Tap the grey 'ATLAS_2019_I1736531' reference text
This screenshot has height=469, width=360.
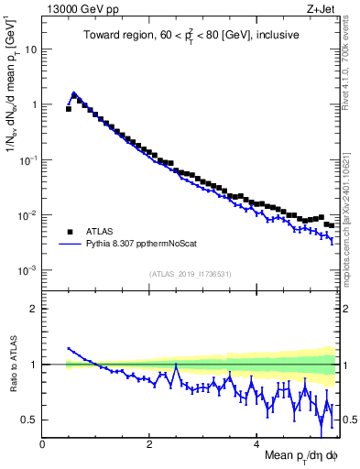[191, 274]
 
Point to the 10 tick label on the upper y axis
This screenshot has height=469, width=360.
[31, 49]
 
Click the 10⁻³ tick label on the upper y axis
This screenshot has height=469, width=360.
[28, 270]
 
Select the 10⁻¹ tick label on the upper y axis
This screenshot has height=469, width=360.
[28, 159]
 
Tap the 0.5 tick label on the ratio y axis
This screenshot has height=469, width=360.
[31, 420]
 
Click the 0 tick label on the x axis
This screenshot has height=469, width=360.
[43, 443]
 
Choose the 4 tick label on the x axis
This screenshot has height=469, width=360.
[256, 443]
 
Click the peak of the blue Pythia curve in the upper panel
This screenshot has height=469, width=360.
[73, 93]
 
